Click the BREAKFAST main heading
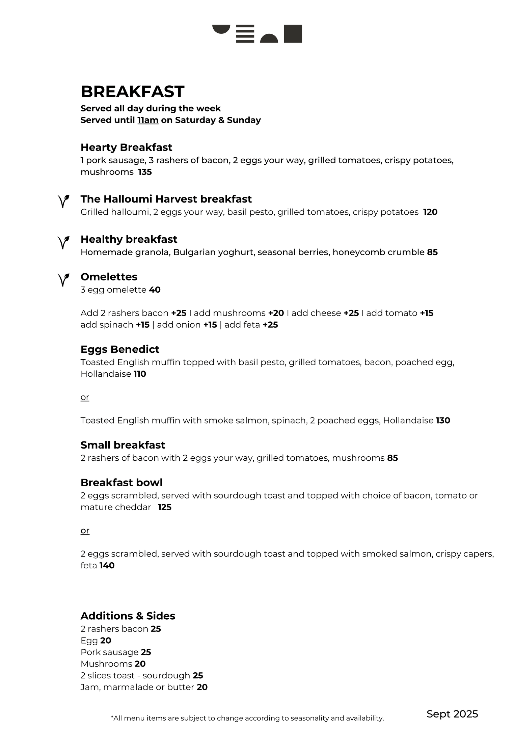tap(132, 91)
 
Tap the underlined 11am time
tap(148, 120)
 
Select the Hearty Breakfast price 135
tap(145, 172)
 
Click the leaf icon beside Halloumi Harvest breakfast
tap(63, 201)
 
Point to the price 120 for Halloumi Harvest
tap(430, 212)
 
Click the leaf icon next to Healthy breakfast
tap(63, 242)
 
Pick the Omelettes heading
tap(109, 277)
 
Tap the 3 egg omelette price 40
tap(155, 290)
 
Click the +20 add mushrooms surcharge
tap(276, 313)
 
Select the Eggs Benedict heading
tap(120, 349)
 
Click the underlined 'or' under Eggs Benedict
tap(85, 397)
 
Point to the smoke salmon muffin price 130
tap(443, 421)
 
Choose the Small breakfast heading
tap(123, 445)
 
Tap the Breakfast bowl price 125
tap(164, 507)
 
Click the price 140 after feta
tap(107, 566)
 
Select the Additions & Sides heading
tap(128, 616)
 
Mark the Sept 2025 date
tap(452, 714)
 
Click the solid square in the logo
tap(293, 34)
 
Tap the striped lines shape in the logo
tap(245, 34)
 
